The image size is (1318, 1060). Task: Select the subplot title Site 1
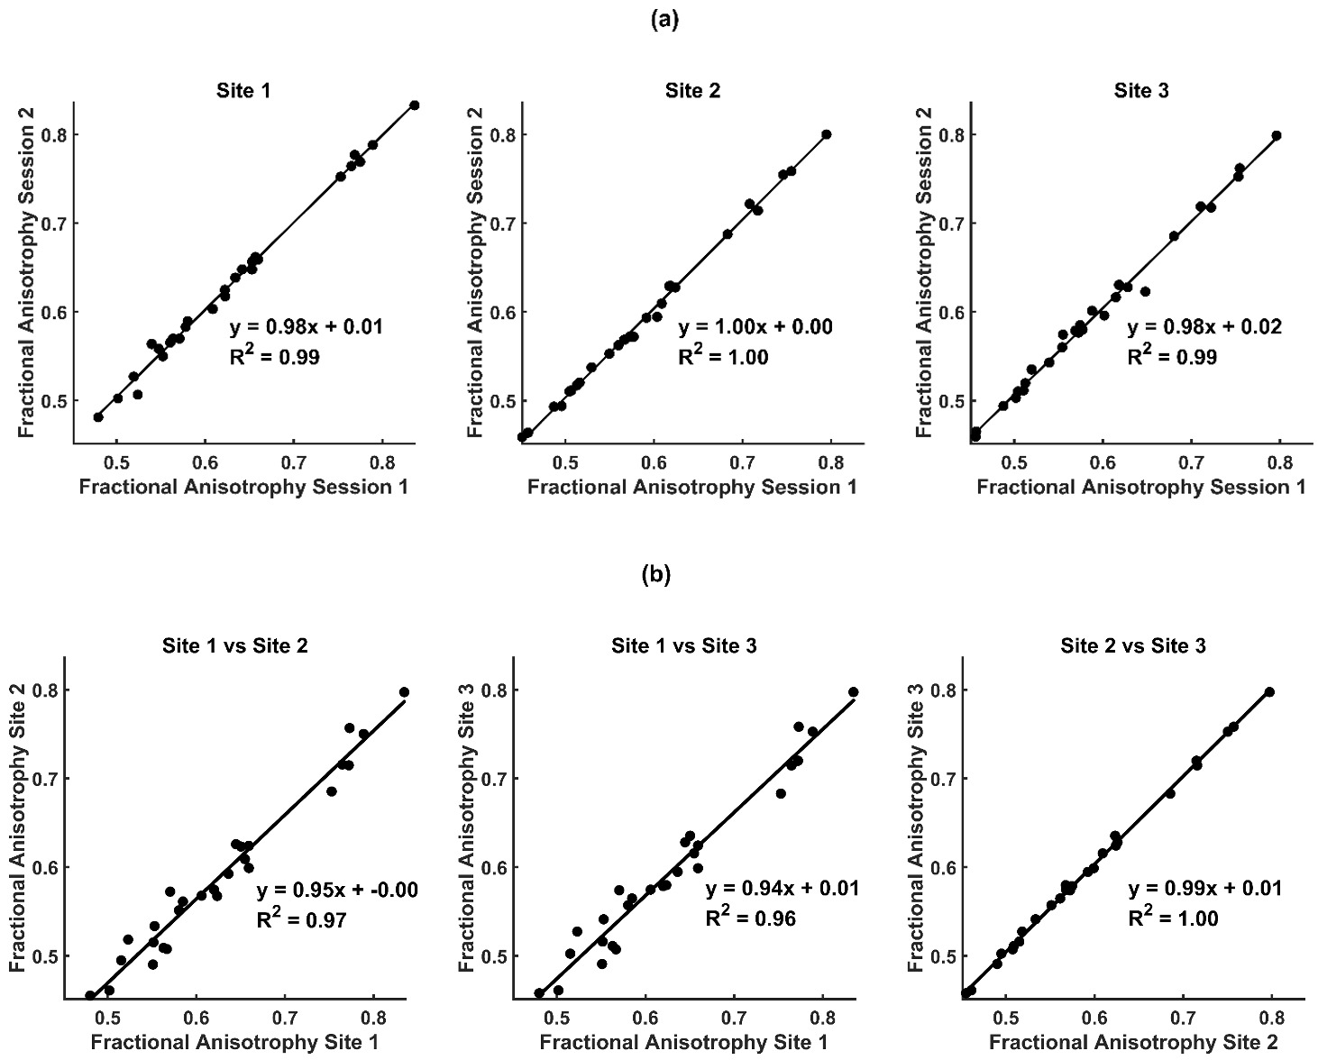(x=243, y=90)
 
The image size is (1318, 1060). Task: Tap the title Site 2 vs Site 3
(x=1132, y=645)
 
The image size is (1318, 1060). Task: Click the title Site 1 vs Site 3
(x=683, y=645)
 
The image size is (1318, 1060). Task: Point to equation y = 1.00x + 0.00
(x=755, y=326)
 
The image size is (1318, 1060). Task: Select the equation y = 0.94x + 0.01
(x=783, y=890)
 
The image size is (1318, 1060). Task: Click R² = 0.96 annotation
(x=750, y=919)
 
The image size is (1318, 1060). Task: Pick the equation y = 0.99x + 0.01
(x=1204, y=890)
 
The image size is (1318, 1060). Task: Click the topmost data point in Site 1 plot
(x=415, y=105)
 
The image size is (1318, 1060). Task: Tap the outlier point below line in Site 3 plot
(x=1145, y=291)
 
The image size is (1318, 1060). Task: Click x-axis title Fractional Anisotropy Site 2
(x=1132, y=1043)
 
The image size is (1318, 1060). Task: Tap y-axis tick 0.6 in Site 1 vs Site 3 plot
(x=494, y=867)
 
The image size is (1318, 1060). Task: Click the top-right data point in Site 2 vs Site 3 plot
(x=1269, y=692)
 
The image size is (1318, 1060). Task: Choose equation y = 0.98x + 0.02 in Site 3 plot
(x=1204, y=326)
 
